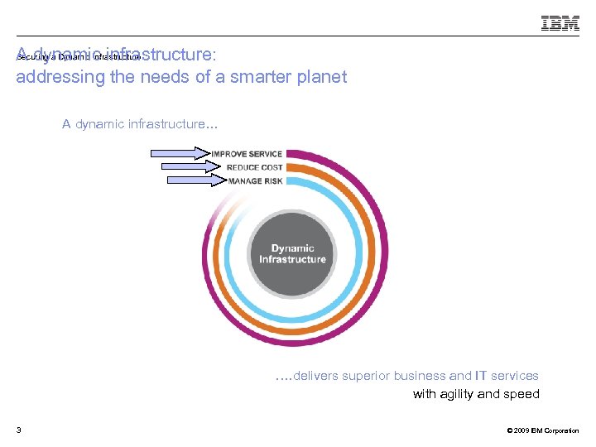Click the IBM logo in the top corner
click(560, 23)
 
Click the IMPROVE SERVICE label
click(247, 154)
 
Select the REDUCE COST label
click(254, 167)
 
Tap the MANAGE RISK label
click(256, 180)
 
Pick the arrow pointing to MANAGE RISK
click(195, 180)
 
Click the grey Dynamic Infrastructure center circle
click(292, 254)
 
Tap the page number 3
click(18, 430)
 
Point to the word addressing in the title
click(55, 77)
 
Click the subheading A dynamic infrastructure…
click(140, 124)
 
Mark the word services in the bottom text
click(514, 376)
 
